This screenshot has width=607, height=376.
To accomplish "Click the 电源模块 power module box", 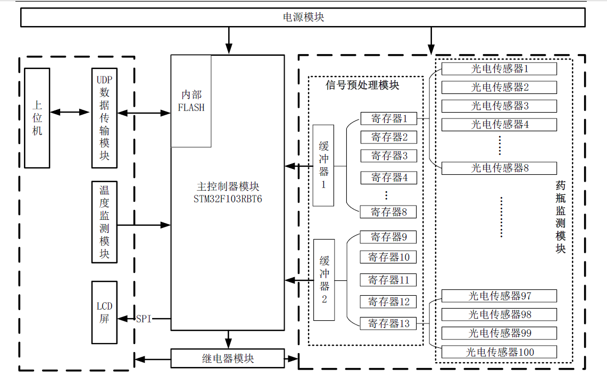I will [303, 18].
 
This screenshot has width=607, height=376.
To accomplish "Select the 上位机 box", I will [37, 118].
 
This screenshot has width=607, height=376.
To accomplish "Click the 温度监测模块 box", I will [104, 222].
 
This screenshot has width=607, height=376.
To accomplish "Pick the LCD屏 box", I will [104, 312].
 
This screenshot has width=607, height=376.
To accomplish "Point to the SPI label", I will [144, 319].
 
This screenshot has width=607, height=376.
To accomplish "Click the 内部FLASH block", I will [191, 101].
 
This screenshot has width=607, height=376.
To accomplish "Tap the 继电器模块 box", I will [228, 358].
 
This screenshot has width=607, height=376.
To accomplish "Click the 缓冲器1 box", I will [323, 165].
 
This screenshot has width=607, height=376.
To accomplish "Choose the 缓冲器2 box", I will [324, 279].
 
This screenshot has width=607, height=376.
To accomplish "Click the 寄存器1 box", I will [389, 118].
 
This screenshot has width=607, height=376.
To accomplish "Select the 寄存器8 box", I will [389, 212].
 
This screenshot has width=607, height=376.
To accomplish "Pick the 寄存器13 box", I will [389, 323].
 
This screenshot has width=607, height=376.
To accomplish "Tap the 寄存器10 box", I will [389, 257].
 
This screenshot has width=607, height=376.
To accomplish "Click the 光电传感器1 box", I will [499, 69].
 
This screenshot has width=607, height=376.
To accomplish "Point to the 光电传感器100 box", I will [499, 352].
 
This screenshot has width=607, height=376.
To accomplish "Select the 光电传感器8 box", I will [499, 168].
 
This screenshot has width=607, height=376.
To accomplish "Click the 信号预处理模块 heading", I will [362, 85].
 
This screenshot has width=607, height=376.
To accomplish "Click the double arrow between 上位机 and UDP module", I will [70, 112].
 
